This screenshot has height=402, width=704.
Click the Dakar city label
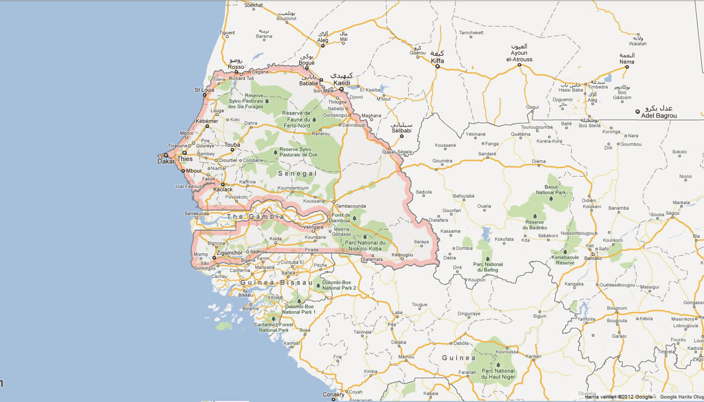[x=165, y=162]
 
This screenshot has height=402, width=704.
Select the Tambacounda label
[x=351, y=206]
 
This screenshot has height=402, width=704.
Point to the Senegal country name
[x=298, y=173]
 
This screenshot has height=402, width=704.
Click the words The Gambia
[x=255, y=217]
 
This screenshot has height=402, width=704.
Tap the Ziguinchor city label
[x=229, y=252]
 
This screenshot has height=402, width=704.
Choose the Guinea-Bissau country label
[x=277, y=283]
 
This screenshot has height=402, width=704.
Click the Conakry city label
[x=333, y=395]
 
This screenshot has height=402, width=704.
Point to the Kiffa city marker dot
[x=437, y=66]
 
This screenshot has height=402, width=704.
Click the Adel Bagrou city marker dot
[x=638, y=112]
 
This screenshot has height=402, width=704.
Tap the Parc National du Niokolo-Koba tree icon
[x=365, y=236]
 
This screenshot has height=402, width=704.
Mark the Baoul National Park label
[x=551, y=190]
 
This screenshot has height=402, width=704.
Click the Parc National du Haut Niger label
[x=498, y=374]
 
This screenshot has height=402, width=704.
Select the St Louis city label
[x=204, y=90]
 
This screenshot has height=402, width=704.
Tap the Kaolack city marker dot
[x=223, y=184]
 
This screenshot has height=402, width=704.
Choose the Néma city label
[x=627, y=62]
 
